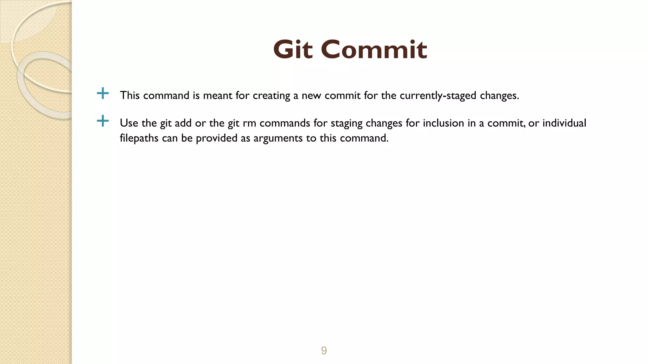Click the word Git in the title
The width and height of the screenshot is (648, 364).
pos(293,50)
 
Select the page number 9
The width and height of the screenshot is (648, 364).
pos(324,350)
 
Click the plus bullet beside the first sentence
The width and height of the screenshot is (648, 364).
pos(103,94)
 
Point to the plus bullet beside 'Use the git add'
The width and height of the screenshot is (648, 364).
pos(103,121)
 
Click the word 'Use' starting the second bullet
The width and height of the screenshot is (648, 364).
pos(129,123)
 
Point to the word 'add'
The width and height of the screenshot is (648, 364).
pos(183,123)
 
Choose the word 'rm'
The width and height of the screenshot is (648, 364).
pos(249,123)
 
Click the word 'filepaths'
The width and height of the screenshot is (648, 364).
pos(139,138)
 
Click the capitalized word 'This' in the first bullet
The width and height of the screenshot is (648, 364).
pos(130,95)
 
